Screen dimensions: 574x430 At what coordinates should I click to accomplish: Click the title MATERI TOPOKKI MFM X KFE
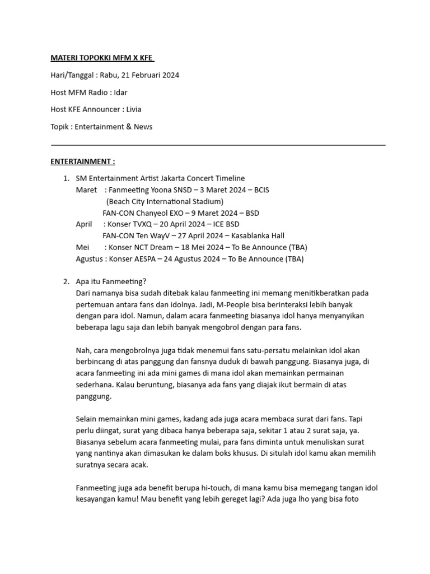point(102,58)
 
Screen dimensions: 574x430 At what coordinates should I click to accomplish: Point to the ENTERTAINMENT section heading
point(83,161)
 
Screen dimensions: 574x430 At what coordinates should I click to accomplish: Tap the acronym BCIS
point(261,190)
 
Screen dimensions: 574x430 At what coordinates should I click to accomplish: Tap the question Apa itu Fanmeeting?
point(110,281)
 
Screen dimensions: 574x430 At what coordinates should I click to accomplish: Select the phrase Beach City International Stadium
point(165,201)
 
